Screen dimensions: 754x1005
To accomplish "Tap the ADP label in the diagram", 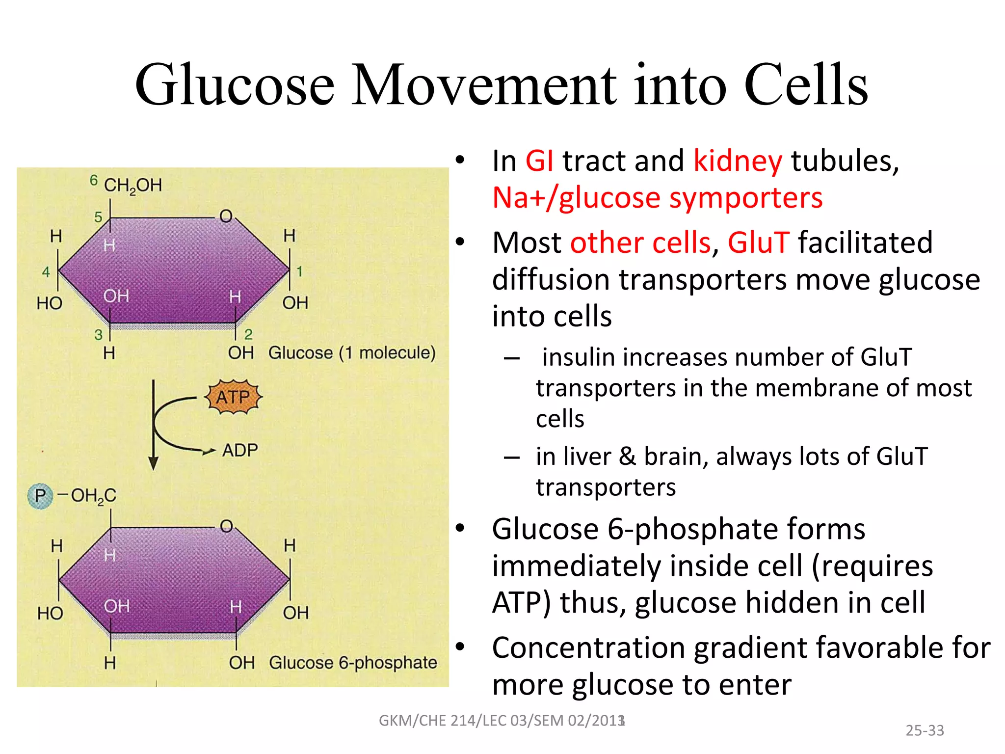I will [240, 450].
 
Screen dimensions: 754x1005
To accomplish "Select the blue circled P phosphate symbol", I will [40, 496].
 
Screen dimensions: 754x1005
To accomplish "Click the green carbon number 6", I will [94, 180].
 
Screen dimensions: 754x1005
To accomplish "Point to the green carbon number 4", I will [46, 271].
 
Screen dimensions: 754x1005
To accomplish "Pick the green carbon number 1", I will [299, 271].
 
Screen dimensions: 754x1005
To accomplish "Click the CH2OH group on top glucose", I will [132, 186].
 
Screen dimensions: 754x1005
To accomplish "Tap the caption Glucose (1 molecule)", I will [352, 353].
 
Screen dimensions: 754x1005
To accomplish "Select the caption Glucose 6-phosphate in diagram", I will [353, 663].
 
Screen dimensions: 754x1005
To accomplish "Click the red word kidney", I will [738, 161].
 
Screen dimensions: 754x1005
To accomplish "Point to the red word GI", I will [539, 161].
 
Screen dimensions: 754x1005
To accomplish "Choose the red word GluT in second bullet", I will [758, 242].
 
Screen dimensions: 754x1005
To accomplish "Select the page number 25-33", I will [925, 730].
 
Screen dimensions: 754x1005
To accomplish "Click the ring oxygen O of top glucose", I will [226, 216].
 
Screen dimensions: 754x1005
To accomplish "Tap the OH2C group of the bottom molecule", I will [93, 496].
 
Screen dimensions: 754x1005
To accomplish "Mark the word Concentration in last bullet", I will [588, 648].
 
